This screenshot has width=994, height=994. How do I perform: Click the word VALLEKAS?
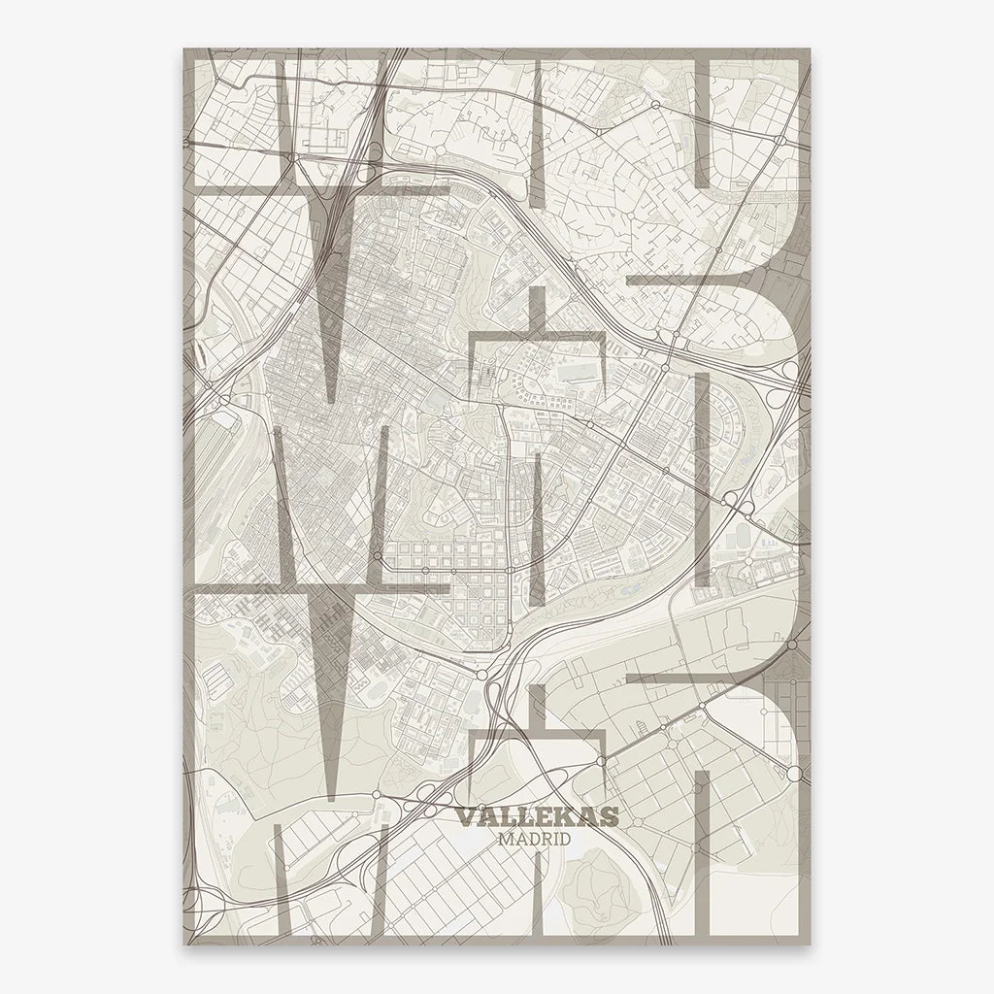[536, 817]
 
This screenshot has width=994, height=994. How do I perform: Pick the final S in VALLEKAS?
[609, 817]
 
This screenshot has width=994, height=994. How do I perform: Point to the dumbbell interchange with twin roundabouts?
[741, 502]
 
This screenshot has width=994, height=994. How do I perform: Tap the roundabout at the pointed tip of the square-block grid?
[482, 672]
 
